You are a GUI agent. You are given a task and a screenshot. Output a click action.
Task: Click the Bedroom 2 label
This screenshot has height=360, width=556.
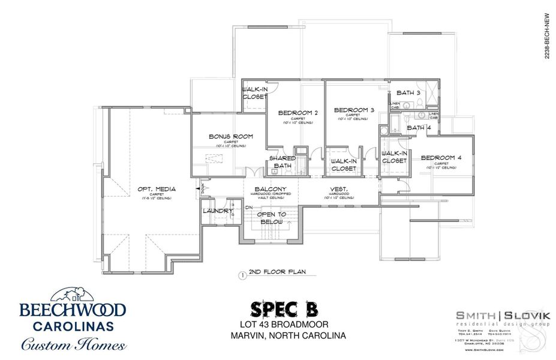tap(298, 113)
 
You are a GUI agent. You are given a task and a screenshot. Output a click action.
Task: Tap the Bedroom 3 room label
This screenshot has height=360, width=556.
tap(354, 110)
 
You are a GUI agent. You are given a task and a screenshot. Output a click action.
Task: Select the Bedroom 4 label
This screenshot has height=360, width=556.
tap(441, 158)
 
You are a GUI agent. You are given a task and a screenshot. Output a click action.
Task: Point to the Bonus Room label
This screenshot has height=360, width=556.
tap(231, 136)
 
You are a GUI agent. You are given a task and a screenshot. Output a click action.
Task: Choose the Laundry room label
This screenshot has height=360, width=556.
tap(217, 211)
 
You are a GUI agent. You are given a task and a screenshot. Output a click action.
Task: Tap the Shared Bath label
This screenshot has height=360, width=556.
tap(282, 161)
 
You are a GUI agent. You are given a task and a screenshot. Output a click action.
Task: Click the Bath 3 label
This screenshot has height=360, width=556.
tap(408, 92)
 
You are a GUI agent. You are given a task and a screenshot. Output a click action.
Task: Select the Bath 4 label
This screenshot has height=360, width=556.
tap(419, 127)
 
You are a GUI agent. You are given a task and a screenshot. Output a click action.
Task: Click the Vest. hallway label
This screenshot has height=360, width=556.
tap(340, 189)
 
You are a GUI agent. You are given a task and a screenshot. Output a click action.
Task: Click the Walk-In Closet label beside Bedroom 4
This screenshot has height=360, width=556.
tap(394, 157)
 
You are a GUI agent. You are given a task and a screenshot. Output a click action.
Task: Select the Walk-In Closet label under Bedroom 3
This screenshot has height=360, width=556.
tap(344, 164)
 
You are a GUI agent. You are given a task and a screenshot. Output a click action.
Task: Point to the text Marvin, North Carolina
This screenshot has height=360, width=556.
tap(288, 335)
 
